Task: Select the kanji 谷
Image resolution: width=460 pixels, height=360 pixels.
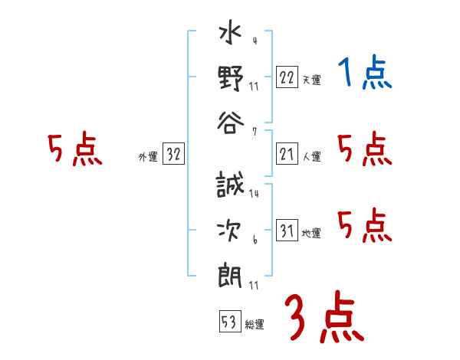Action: tap(231, 122)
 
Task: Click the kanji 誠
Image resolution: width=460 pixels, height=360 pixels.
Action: tap(231, 186)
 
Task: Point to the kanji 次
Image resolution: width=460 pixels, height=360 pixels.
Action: tap(231, 230)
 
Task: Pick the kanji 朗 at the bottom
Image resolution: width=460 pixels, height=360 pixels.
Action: tap(231, 274)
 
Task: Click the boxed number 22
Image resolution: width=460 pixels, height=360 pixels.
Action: tap(287, 77)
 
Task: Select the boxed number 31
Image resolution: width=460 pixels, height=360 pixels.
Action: tap(287, 231)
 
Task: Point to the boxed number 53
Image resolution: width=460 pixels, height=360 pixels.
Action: tap(229, 322)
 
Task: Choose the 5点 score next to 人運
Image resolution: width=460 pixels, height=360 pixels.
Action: tap(365, 149)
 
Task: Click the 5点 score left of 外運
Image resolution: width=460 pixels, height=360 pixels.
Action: tap(74, 149)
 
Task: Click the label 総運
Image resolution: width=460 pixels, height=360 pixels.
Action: tap(255, 325)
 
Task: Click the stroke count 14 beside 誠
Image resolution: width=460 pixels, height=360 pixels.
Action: tap(254, 194)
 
